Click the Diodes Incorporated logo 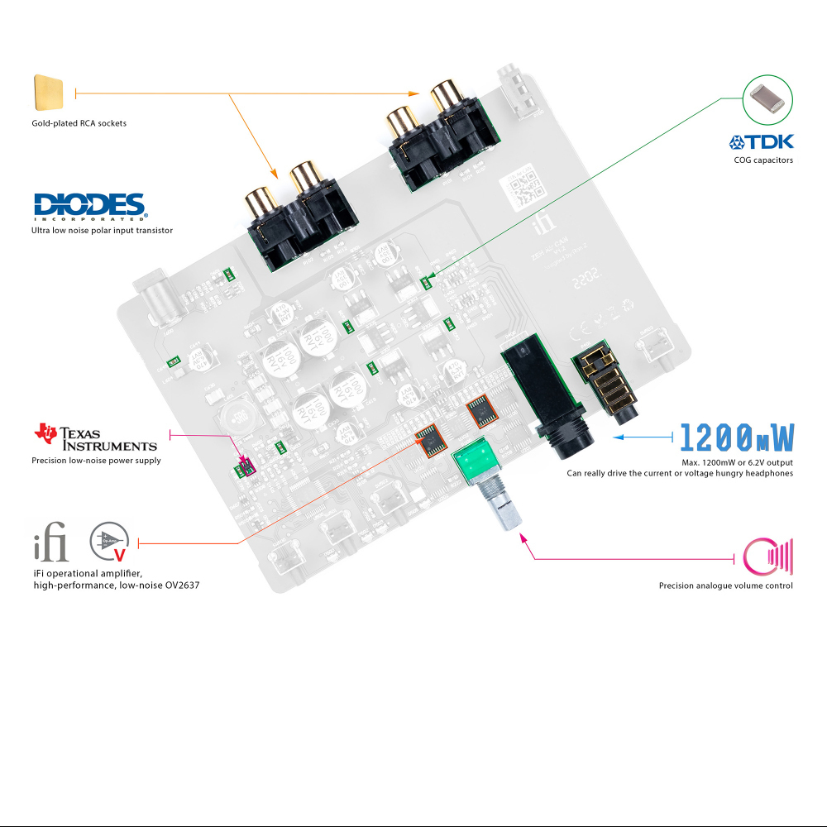tap(89, 206)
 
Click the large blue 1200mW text tap(737, 437)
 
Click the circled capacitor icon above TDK tap(768, 98)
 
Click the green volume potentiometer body tap(483, 464)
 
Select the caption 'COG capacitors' tap(762, 160)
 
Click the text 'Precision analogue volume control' tap(725, 586)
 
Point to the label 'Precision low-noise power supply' tap(96, 461)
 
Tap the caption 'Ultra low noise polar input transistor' tap(102, 231)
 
